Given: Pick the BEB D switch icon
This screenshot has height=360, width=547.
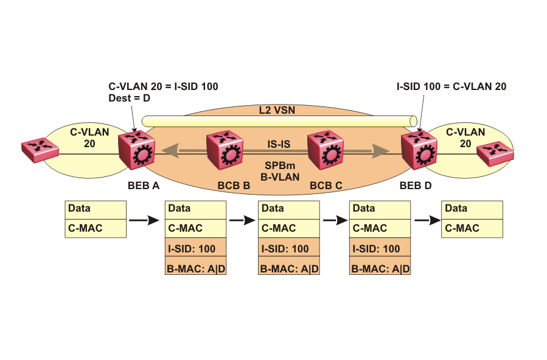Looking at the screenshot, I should tap(419, 151).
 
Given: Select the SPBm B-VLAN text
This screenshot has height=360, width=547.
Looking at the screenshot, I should tap(278, 171).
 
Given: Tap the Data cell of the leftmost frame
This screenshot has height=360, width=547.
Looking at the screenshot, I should tap(96, 209).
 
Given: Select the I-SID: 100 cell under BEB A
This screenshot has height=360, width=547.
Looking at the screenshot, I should tap(196, 249).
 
